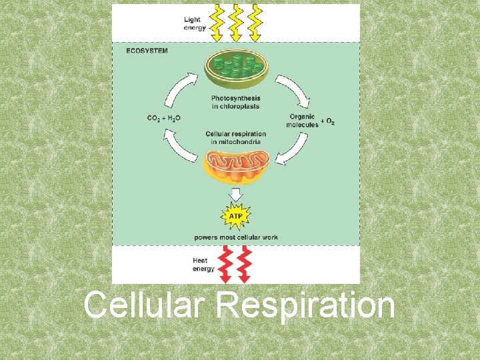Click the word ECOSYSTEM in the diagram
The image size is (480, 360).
(147, 50)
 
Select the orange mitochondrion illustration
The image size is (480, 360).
(236, 166)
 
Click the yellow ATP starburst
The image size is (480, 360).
(236, 216)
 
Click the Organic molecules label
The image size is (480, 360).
(302, 121)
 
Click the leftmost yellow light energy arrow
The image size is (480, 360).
(218, 22)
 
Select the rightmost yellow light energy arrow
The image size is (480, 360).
(255, 22)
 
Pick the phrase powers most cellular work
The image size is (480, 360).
(236, 237)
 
